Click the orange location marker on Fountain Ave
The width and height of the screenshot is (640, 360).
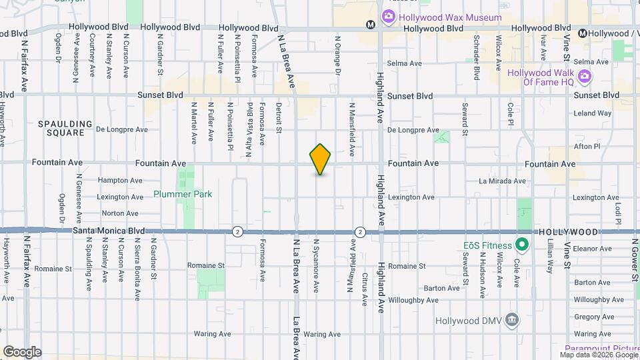coord(321,159)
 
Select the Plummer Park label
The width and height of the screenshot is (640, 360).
coord(183,194)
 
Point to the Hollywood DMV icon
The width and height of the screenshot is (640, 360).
coord(512,320)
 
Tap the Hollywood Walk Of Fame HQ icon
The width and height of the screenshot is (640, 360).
coord(585,77)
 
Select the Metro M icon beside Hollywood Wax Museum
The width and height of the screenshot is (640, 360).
coord(371,25)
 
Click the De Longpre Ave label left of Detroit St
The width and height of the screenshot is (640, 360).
coord(121,129)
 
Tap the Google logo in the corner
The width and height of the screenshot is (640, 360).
coord(22,351)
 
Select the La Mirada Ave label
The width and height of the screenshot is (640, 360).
coord(502,181)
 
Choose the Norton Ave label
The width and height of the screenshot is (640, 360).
coord(121,213)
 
